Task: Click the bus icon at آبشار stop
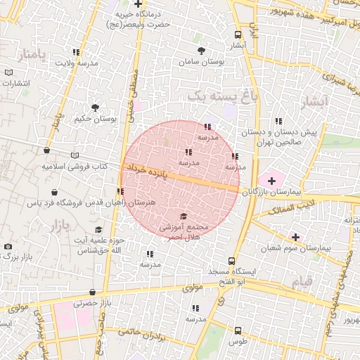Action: click(x=238, y=34)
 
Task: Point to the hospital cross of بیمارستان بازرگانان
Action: click(x=271, y=181)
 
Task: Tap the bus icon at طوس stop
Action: click(x=238, y=330)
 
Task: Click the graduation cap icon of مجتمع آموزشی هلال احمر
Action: click(x=184, y=216)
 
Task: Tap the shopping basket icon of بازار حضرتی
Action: click(x=91, y=290)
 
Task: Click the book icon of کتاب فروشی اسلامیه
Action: click(x=75, y=156)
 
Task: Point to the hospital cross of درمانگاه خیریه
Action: click(x=139, y=4)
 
